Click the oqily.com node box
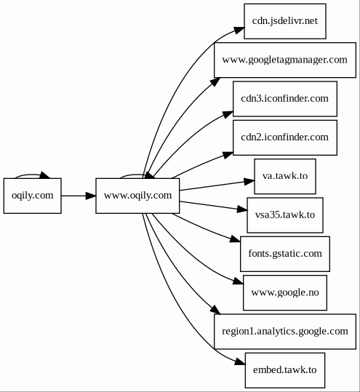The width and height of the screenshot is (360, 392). pos(33,196)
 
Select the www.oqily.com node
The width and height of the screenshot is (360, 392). pos(137,196)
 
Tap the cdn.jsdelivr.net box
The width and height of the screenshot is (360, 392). pos(285,21)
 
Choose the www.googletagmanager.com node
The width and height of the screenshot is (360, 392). pos(285,60)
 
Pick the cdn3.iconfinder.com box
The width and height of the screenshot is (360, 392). pos(285,99)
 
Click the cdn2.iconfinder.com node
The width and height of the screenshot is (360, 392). pos(285,137)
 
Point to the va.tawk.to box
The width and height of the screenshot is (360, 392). pos(285,176)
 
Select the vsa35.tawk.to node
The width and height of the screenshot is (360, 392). pos(285,215)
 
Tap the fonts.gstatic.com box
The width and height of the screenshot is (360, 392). pos(285,254)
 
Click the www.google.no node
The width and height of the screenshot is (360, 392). pos(285,293)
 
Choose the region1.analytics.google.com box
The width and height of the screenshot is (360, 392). pos(285,332)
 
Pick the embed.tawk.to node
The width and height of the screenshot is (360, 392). pos(285,370)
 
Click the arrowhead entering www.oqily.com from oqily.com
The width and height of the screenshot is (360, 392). pos(91,196)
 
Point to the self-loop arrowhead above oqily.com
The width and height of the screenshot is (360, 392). pos(46,175)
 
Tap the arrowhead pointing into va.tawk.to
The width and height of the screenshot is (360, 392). pos(249,181)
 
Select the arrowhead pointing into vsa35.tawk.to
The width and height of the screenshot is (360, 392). pos(242,209)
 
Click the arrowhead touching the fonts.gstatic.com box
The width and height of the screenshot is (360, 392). pos(235,239)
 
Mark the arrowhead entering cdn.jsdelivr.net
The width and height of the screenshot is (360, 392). pos(239,30)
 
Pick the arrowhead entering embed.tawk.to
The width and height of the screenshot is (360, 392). pos(240,361)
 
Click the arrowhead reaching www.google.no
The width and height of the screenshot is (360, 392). pos(238,281)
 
